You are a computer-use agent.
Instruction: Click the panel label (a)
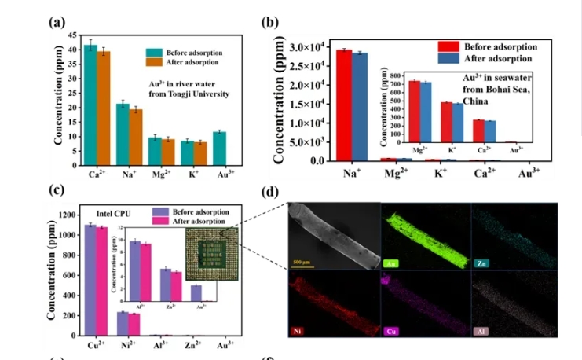[57, 21]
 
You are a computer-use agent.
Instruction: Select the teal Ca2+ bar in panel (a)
[91, 106]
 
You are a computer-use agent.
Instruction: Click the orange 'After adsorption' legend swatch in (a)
[153, 61]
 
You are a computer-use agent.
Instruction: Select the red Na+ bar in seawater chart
[343, 105]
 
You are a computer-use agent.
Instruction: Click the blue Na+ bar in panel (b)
[359, 107]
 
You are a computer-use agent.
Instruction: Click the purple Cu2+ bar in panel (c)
[91, 280]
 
